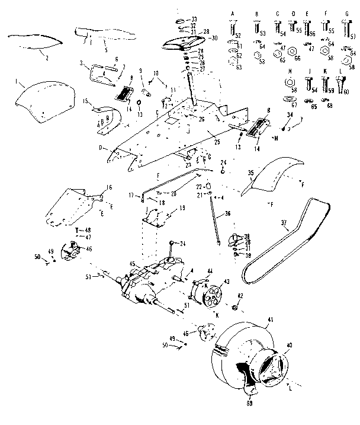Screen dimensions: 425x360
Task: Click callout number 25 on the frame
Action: click(217, 142)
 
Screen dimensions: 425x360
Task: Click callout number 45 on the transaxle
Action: click(133, 264)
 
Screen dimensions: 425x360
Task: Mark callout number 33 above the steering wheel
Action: click(194, 20)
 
